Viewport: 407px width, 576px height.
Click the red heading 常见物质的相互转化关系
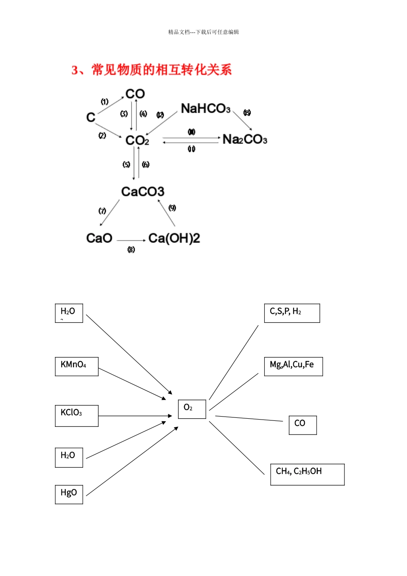point(152,69)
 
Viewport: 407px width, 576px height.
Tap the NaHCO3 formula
point(206,108)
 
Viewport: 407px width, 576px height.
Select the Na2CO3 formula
point(245,139)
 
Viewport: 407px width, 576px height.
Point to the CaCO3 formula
point(143,192)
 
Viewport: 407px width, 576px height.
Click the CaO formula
point(99,238)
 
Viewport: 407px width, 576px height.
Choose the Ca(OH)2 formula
point(174,238)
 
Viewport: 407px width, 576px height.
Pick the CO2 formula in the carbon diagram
point(137,140)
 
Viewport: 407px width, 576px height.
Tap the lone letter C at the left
point(91,117)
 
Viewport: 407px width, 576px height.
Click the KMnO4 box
point(77,366)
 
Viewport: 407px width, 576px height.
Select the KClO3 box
point(77,416)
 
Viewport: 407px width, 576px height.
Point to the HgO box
point(69,494)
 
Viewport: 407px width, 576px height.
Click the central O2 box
point(192,409)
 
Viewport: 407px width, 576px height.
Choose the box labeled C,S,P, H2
point(292,313)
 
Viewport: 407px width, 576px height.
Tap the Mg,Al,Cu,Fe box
point(293,366)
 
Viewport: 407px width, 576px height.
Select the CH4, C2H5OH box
point(307,474)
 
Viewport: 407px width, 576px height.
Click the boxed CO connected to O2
point(302,425)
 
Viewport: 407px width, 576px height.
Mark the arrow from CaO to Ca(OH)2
point(131,240)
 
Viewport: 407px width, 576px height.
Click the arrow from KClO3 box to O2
point(135,416)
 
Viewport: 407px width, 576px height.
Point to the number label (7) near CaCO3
point(102,211)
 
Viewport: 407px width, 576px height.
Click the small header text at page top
point(203,32)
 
